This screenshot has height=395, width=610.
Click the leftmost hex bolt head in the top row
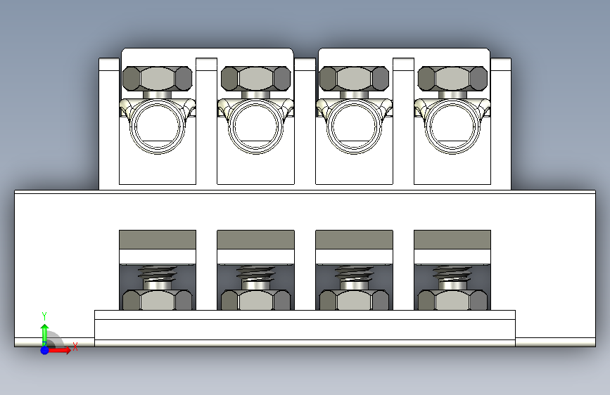click(157, 79)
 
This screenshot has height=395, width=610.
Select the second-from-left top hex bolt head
click(255, 79)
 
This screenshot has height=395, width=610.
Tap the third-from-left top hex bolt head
click(354, 79)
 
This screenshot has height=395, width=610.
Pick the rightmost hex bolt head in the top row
click(452, 79)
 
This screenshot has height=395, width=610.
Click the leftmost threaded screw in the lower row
click(157, 278)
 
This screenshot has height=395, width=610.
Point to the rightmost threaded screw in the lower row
click(452, 278)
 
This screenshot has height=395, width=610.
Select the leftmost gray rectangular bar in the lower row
click(158, 240)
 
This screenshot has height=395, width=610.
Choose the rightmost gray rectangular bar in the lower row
click(452, 240)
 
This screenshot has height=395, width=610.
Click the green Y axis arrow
click(45, 334)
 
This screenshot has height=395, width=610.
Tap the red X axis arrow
click(59, 350)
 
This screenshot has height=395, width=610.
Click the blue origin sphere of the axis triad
click(45, 350)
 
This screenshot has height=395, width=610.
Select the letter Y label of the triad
click(44, 316)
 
